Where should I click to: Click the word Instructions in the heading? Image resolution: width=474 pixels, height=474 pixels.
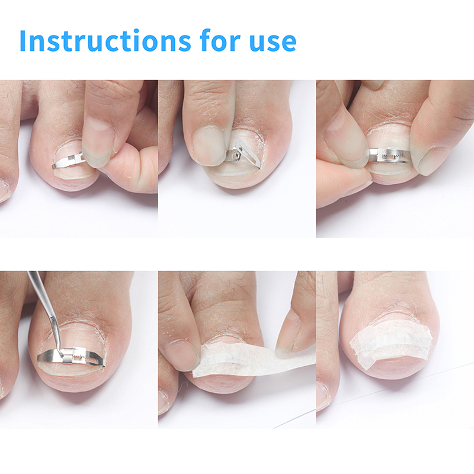tap(105, 40)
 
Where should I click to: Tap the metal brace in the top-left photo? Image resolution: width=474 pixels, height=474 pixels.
tap(68, 159)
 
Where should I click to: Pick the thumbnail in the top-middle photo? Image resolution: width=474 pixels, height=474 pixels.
tap(208, 145)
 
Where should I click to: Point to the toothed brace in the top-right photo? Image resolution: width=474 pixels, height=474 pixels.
tap(390, 156)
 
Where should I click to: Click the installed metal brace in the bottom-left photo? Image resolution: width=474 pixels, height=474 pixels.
tap(71, 357)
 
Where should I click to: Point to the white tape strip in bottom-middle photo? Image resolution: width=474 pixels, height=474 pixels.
tap(254, 360)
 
